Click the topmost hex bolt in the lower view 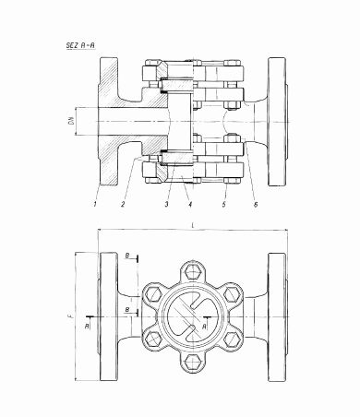(191, 271)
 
